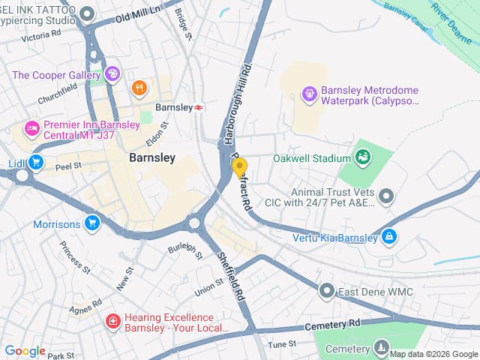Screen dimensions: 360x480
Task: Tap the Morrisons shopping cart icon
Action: click(x=92, y=223)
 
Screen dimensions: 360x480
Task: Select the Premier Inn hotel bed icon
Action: click(x=31, y=130)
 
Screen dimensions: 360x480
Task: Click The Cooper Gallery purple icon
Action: click(x=112, y=73)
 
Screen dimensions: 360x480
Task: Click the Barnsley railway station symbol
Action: click(x=199, y=108)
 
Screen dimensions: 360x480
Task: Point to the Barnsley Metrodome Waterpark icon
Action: click(x=308, y=94)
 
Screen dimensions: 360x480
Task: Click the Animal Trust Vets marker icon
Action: click(x=386, y=196)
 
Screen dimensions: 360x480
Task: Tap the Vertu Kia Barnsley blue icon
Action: click(x=389, y=238)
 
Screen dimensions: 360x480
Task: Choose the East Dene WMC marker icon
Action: click(x=326, y=289)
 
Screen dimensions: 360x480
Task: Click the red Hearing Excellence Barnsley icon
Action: click(x=112, y=322)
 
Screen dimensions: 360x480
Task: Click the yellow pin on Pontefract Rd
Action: click(x=240, y=167)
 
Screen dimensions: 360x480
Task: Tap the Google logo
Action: click(x=25, y=351)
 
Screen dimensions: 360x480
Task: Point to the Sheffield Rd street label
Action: click(x=231, y=277)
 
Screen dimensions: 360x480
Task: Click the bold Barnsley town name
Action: click(x=152, y=158)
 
